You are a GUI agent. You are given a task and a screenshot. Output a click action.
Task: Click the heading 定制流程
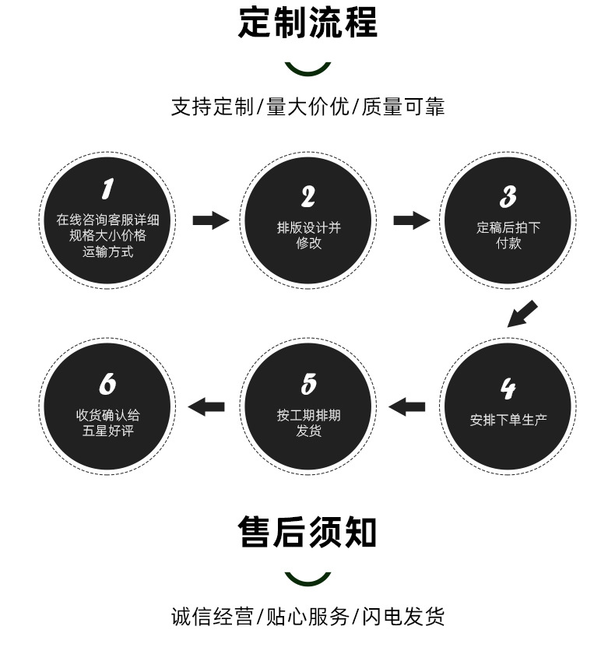[307, 23]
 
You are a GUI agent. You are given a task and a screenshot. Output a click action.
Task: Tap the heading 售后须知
[307, 533]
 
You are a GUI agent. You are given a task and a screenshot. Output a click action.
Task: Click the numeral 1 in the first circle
[107, 189]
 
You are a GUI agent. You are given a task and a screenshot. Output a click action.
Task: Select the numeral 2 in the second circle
[308, 196]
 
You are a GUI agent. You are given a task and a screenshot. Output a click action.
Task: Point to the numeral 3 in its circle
[508, 196]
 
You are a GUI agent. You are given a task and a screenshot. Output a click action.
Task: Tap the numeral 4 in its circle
[508, 388]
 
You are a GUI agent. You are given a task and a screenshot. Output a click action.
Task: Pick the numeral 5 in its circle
[308, 384]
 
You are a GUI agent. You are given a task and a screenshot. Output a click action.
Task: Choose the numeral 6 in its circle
[107, 384]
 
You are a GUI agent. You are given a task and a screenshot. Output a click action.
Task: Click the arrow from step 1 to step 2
[210, 220]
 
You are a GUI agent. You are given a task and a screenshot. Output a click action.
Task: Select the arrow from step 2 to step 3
[411, 220]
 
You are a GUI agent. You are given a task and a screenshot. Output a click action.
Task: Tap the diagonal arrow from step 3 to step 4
[522, 313]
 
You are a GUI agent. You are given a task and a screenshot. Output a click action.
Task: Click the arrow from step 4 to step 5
[407, 406]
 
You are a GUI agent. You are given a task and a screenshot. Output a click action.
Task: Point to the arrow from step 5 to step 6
[206, 406]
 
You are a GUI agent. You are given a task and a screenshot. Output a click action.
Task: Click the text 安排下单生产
[508, 420]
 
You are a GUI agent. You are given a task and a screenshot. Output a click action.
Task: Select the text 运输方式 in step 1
[107, 251]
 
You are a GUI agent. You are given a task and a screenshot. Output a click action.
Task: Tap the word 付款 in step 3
[508, 243]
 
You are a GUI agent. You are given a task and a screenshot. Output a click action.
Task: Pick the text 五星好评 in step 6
[107, 431]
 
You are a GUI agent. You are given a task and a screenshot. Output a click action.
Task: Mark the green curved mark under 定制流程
[307, 70]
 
